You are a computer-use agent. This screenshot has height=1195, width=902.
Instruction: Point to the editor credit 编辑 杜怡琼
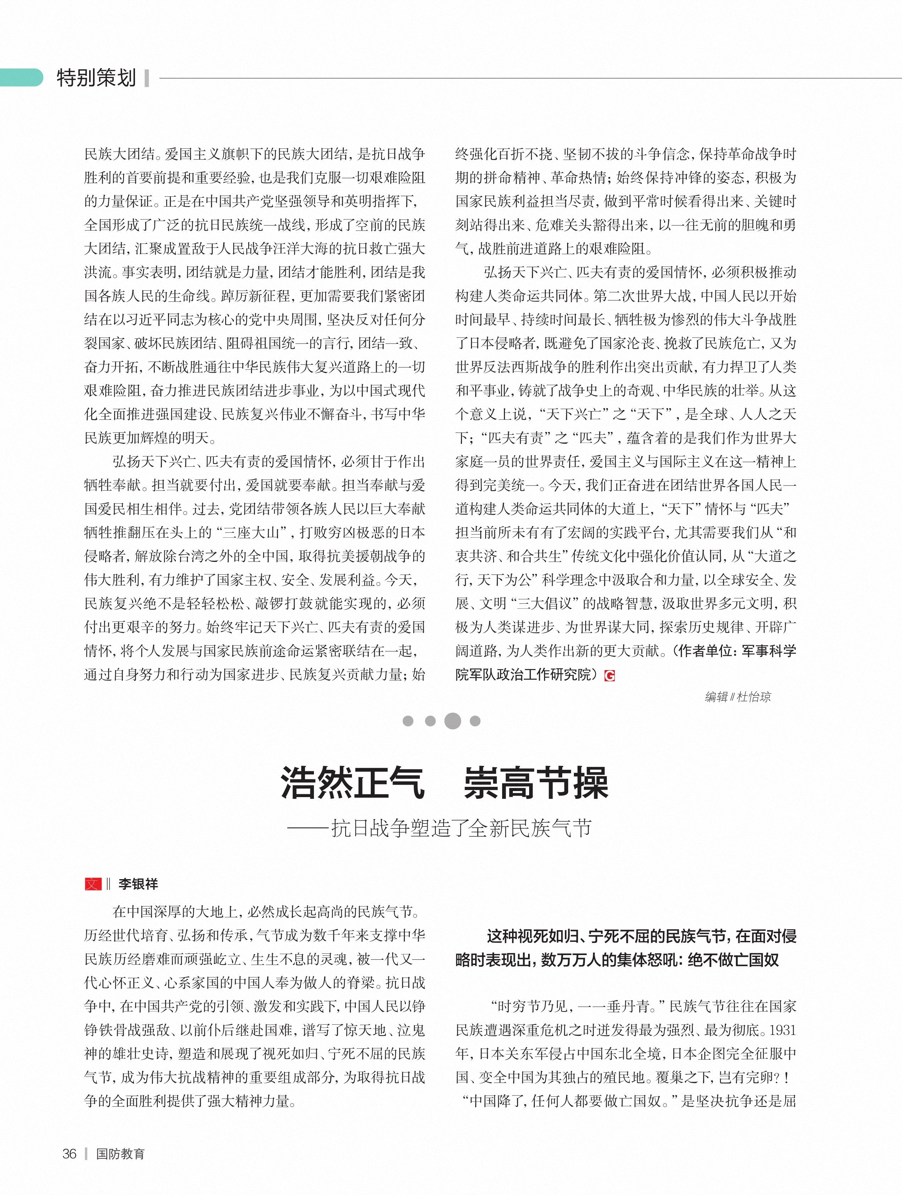[x=738, y=697]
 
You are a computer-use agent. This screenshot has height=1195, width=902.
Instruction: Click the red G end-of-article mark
[x=610, y=675]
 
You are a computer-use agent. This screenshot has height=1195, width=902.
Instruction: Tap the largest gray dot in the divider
[x=452, y=721]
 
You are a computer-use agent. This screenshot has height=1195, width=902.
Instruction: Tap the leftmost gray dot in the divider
[x=408, y=721]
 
